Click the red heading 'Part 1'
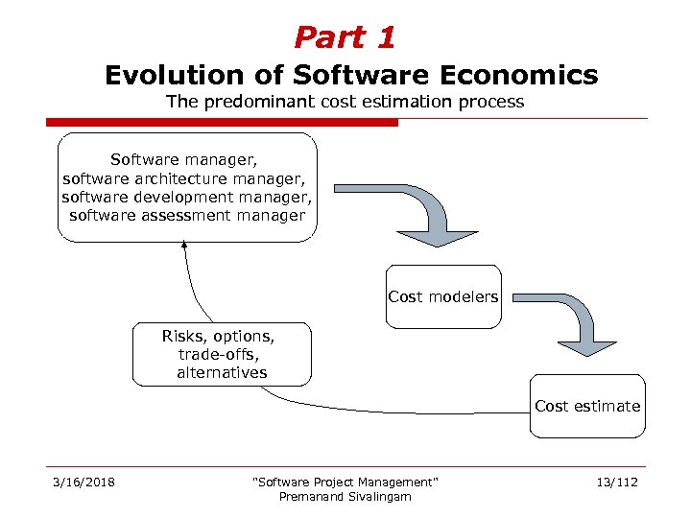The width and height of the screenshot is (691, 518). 345,37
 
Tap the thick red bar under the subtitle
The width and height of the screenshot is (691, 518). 222,123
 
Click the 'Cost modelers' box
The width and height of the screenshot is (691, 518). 443,297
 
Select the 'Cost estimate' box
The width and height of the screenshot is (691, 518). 587,406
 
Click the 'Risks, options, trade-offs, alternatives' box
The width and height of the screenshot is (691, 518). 222,354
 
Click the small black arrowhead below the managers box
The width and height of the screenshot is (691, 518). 184,247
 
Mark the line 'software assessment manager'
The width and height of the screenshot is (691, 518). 187,215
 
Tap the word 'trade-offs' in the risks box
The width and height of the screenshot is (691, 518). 222,354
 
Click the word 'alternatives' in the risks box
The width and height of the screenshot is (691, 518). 222,372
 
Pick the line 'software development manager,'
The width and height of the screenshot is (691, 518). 187,197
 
